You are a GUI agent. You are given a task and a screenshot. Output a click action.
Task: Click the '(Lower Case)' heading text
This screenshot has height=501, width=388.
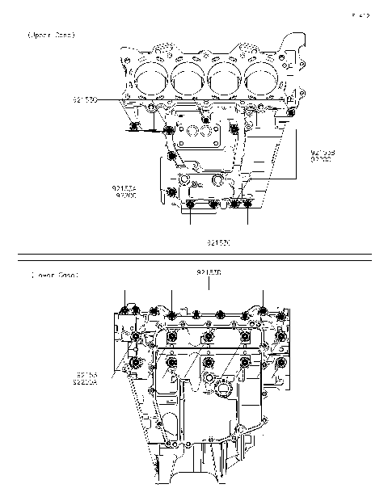(55, 276)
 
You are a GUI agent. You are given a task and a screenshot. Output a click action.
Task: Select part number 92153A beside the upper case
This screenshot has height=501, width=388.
(124, 188)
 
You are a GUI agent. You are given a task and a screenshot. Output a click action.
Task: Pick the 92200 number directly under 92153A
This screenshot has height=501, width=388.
(124, 196)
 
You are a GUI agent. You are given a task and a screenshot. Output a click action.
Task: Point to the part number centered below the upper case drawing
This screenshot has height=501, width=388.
(219, 242)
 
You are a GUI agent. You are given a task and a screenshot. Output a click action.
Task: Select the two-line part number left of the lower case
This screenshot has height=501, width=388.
(87, 378)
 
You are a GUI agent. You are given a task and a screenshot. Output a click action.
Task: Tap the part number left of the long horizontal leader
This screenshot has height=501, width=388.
(85, 99)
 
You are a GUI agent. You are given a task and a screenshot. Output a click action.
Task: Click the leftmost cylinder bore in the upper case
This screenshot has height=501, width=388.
(151, 78)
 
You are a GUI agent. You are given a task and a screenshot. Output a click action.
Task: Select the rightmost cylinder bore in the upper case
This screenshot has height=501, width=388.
(262, 78)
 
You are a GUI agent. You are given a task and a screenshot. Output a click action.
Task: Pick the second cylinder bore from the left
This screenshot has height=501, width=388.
(188, 78)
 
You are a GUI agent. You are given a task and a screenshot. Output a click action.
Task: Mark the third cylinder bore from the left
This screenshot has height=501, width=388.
(226, 78)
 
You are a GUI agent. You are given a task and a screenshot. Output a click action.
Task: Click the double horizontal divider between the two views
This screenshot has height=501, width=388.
(194, 258)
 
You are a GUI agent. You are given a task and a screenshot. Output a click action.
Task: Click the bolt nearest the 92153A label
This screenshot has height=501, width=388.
(171, 192)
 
